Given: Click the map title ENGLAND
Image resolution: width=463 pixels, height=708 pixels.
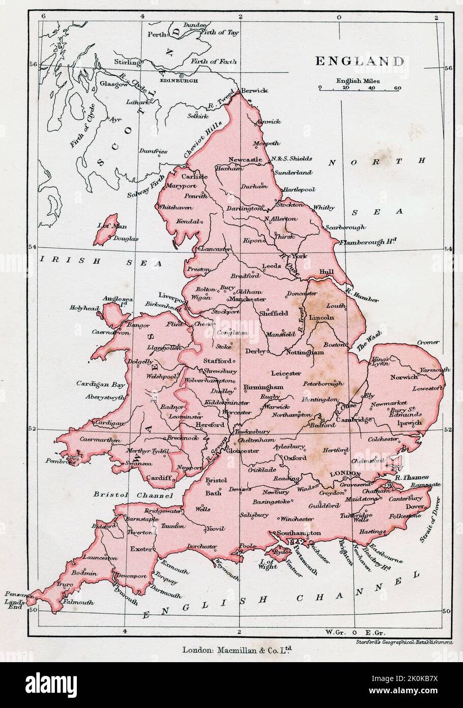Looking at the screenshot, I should pyautogui.click(x=360, y=61).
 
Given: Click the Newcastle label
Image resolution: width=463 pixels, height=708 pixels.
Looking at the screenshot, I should pyautogui.click(x=245, y=159).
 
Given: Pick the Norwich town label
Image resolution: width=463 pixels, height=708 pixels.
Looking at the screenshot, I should pyautogui.click(x=403, y=377).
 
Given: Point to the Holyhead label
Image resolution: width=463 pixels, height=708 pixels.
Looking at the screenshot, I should pyautogui.click(x=84, y=308).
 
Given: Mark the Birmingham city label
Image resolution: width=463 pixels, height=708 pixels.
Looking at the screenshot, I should pyautogui.click(x=263, y=387).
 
